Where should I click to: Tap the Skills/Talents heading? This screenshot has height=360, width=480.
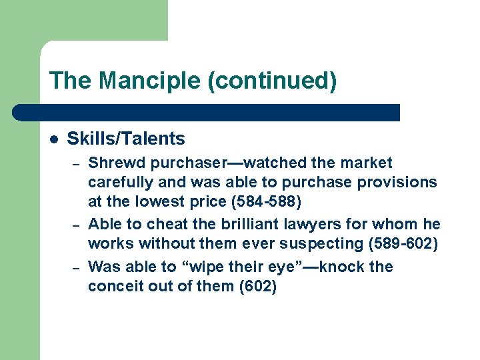126,139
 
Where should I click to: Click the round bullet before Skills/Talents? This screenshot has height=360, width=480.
54,139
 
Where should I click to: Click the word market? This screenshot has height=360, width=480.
367,163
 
